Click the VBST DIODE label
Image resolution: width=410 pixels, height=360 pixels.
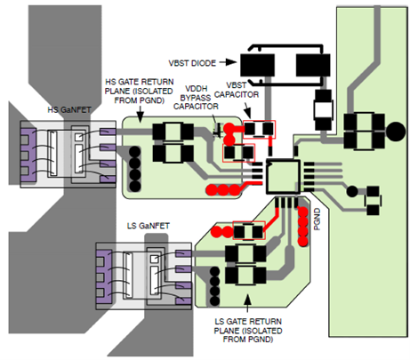pyautogui.click(x=192, y=63)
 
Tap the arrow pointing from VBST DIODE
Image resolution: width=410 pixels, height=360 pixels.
pyautogui.click(x=228, y=62)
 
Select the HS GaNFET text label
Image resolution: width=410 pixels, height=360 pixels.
pyautogui.click(x=69, y=110)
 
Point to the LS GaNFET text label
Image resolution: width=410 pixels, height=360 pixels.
pyautogui.click(x=149, y=226)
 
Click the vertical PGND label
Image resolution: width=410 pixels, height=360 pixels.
pyautogui.click(x=317, y=219)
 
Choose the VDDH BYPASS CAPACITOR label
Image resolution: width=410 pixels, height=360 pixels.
pyautogui.click(x=196, y=98)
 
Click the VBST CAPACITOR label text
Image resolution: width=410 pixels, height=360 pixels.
pyautogui.click(x=237, y=90)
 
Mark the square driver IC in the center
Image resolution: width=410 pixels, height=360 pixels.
pyautogui.click(x=283, y=177)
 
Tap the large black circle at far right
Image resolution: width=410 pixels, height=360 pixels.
pyautogui.click(x=396, y=132)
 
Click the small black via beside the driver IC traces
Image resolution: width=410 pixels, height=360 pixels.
pyautogui.click(x=352, y=191)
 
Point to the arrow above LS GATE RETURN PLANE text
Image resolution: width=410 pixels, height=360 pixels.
pyautogui.click(x=248, y=303)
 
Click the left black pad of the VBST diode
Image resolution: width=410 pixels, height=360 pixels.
pyautogui.click(x=257, y=65)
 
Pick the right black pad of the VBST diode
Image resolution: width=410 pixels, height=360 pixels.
pyautogui.click(x=313, y=65)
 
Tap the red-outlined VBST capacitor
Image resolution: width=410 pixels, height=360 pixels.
pyautogui.click(x=259, y=129)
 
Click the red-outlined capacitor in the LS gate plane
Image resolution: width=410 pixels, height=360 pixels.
pyautogui.click(x=249, y=230)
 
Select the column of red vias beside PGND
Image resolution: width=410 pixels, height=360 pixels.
pyautogui.click(x=303, y=227)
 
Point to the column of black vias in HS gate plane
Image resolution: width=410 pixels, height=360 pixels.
pyautogui.click(x=135, y=169)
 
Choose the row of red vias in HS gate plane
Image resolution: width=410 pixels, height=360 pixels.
pyautogui.click(x=223, y=189)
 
